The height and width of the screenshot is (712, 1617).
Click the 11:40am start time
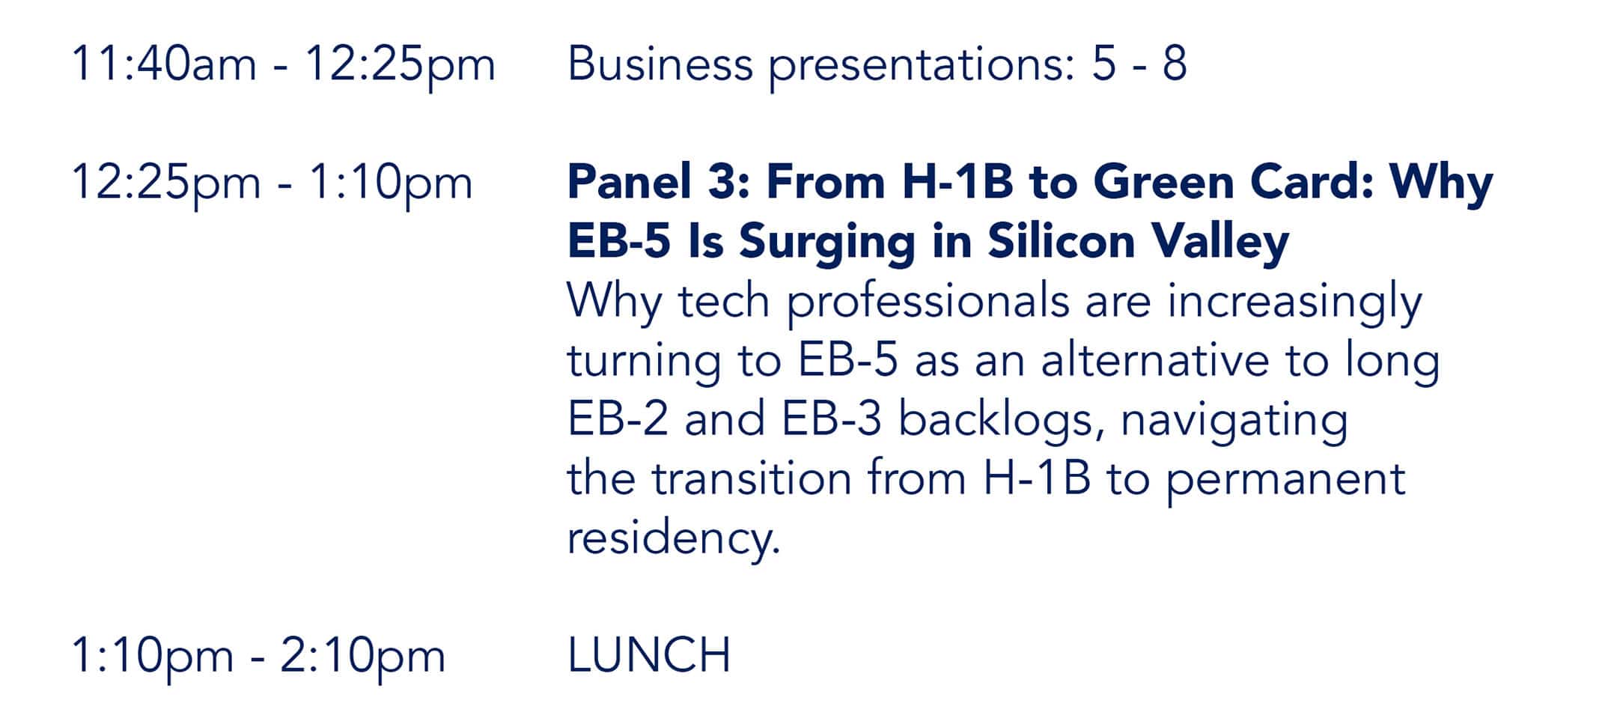tap(164, 64)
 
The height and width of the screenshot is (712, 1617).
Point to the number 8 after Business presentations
tap(1175, 64)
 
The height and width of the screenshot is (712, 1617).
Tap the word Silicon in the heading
tap(1062, 241)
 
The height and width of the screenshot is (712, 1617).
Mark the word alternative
tap(1155, 360)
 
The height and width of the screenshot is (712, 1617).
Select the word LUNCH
tap(649, 656)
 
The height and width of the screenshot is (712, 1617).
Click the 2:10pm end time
tap(363, 657)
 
